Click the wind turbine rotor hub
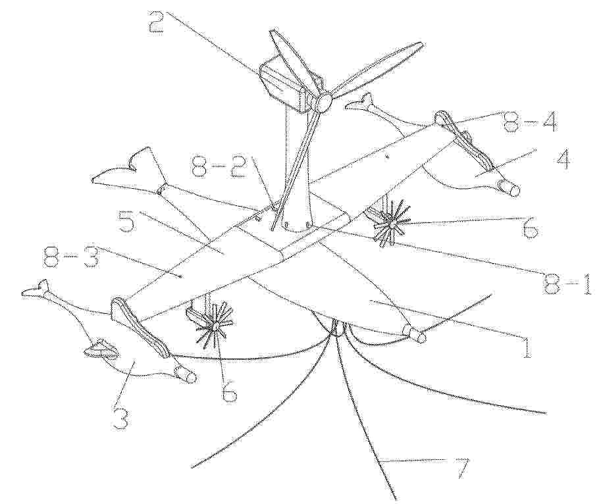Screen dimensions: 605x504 coord(323,102)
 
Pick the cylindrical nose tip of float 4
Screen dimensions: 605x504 coord(510,188)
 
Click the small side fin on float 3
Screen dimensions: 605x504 coord(101,348)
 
